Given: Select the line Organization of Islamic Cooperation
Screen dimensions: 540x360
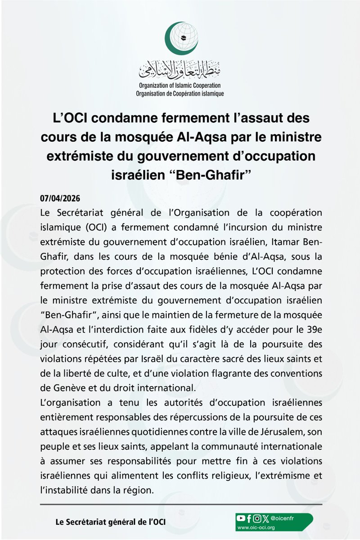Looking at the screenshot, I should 180,86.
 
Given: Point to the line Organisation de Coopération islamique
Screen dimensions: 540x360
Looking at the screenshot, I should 180,94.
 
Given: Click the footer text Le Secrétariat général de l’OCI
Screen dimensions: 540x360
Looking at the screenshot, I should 105,522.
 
